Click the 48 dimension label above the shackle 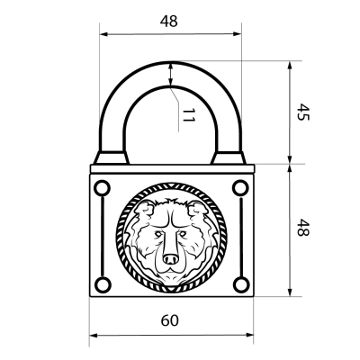169,22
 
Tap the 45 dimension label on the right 302,112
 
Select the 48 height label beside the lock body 302,228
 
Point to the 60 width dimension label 170,320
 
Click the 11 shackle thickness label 188,115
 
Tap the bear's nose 170,259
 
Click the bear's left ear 144,210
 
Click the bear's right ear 198,210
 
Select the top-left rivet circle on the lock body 102,188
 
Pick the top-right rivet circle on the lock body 240,188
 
